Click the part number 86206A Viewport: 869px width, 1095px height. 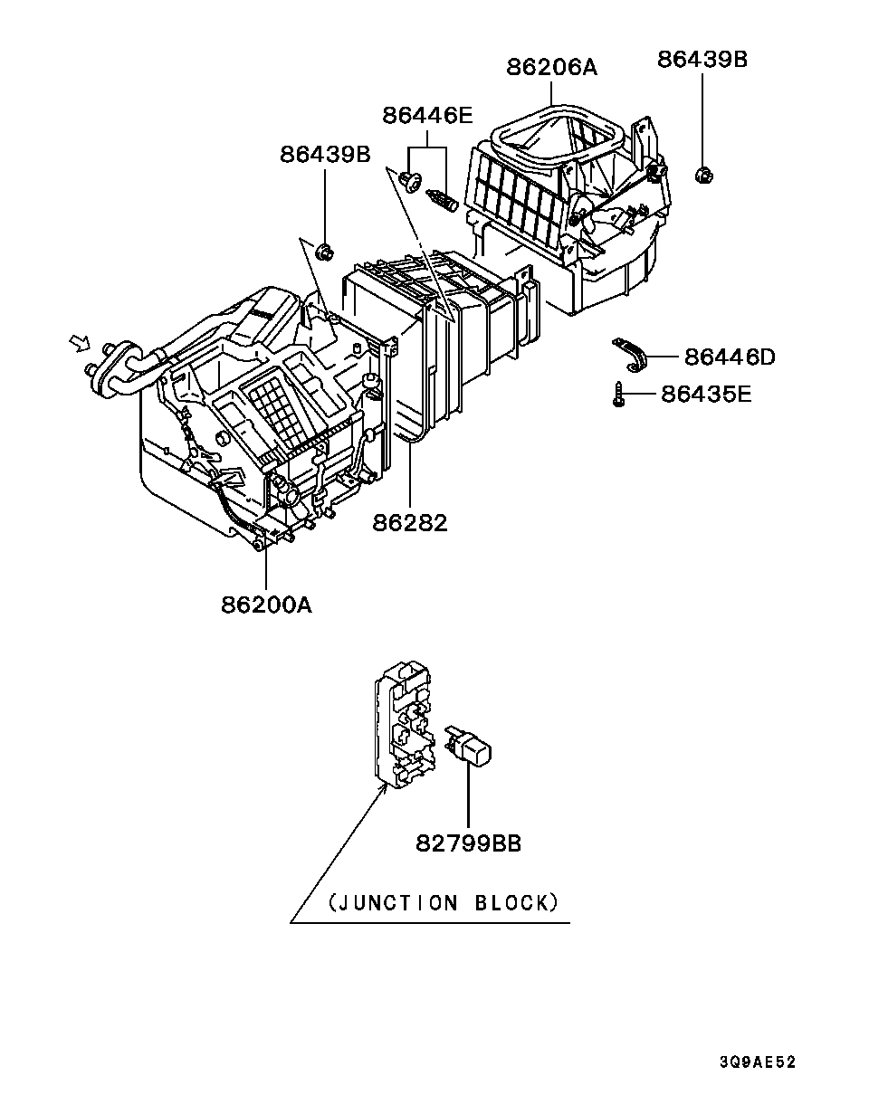click(x=552, y=67)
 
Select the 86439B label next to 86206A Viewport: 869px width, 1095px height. click(x=702, y=59)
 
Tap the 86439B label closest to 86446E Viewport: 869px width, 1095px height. click(x=325, y=154)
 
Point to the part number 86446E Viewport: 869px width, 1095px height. click(x=427, y=115)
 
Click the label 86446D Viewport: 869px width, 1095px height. click(x=730, y=357)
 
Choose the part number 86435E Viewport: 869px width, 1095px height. click(x=706, y=394)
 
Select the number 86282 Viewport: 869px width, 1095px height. click(x=410, y=522)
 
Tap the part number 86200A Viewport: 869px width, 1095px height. click(x=266, y=604)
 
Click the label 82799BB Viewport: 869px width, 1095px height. click(x=469, y=843)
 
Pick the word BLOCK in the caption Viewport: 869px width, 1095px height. click(x=511, y=902)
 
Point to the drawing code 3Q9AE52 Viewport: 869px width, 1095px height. click(x=758, y=1062)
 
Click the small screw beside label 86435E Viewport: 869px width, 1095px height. click(x=618, y=395)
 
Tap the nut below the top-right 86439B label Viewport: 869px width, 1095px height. click(x=702, y=175)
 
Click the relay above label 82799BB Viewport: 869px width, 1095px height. click(x=471, y=747)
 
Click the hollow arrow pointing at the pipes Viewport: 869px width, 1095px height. click(x=79, y=343)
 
